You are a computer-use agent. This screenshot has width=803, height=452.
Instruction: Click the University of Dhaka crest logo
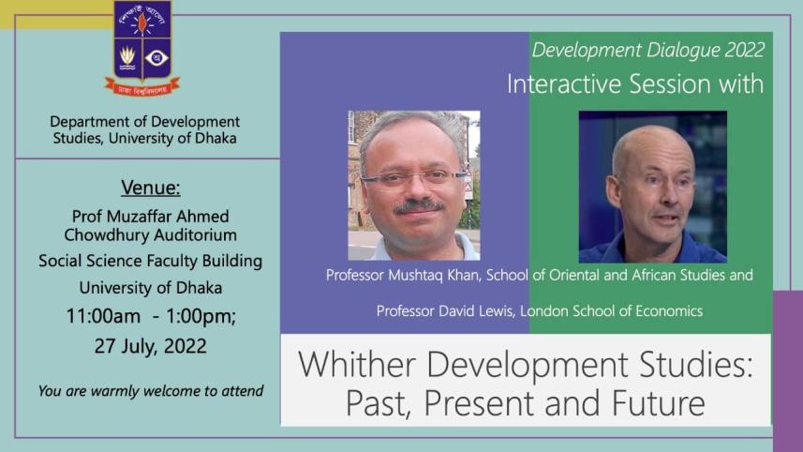point(142,47)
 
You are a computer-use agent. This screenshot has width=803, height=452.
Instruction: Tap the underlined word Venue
point(144,185)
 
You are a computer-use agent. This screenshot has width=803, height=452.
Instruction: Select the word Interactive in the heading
point(562,84)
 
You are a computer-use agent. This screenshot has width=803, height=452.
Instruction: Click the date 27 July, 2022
point(150,345)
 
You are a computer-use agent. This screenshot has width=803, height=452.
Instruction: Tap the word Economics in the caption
point(668,310)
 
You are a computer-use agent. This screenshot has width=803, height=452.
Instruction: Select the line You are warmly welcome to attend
point(150,390)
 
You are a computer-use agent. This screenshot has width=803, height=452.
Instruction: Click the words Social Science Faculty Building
point(150,261)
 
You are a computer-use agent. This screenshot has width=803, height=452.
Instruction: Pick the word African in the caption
point(617,276)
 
